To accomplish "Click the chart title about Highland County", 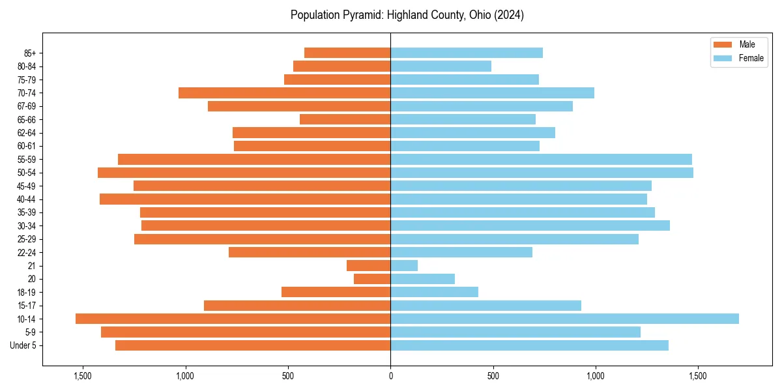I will pyautogui.click(x=407, y=15).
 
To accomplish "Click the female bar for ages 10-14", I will pyautogui.click(x=564, y=319).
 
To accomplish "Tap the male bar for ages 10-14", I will pyautogui.click(x=233, y=319).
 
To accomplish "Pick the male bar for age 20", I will pyautogui.click(x=372, y=279).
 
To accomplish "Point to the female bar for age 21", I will pyautogui.click(x=404, y=265).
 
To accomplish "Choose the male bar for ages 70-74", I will pyautogui.click(x=284, y=93).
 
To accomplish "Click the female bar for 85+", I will pyautogui.click(x=467, y=53).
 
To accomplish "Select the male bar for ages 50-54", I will pyautogui.click(x=244, y=173).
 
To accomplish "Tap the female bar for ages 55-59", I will pyautogui.click(x=541, y=159).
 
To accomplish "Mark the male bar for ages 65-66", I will pyautogui.click(x=345, y=119).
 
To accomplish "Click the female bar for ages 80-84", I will pyautogui.click(x=441, y=66).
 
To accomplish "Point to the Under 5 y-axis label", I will pyautogui.click(x=23, y=345).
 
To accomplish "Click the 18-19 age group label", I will pyautogui.click(x=27, y=292).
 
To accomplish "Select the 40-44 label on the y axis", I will pyautogui.click(x=27, y=199).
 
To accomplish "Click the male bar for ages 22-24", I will pyautogui.click(x=310, y=252).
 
